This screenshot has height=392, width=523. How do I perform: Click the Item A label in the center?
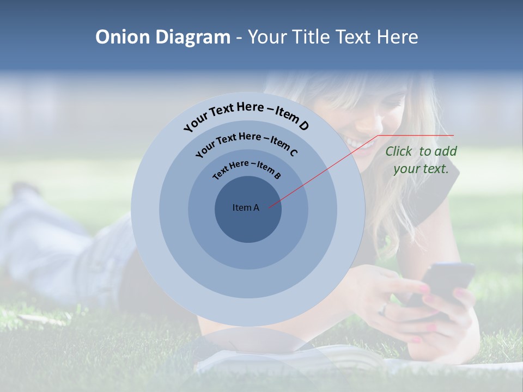pos(246,207)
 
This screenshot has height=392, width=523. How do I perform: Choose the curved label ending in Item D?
pos(246,115)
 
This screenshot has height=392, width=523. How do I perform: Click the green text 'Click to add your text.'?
pos(421,160)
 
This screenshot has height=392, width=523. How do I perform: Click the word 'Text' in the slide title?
pos(354,37)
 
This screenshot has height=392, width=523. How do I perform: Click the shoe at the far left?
pos(25,190)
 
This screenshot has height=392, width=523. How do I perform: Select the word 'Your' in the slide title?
pos(269,37)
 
